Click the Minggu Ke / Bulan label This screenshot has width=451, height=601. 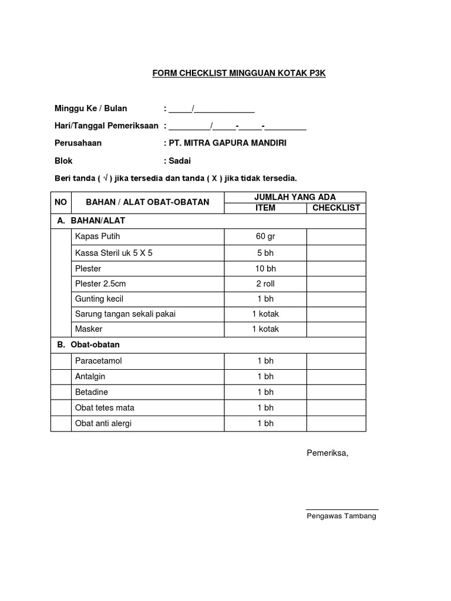click(90, 108)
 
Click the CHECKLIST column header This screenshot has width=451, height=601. click(336, 208)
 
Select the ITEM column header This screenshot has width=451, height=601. click(265, 208)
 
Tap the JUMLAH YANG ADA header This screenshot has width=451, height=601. click(295, 197)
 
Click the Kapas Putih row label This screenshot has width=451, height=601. click(97, 237)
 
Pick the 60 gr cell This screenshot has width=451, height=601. click(265, 237)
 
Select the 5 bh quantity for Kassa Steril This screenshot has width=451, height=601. click(265, 253)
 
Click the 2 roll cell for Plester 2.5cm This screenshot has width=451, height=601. click(265, 283)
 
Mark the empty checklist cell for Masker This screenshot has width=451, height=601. click(336, 329)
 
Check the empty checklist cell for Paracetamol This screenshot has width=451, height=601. click(336, 360)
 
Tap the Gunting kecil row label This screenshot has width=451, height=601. click(100, 299)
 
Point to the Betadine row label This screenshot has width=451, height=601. click(92, 391)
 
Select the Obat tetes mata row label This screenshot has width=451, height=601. click(105, 407)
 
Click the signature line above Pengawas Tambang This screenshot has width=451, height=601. click(342, 509)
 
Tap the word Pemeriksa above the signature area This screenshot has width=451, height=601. click(328, 453)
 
